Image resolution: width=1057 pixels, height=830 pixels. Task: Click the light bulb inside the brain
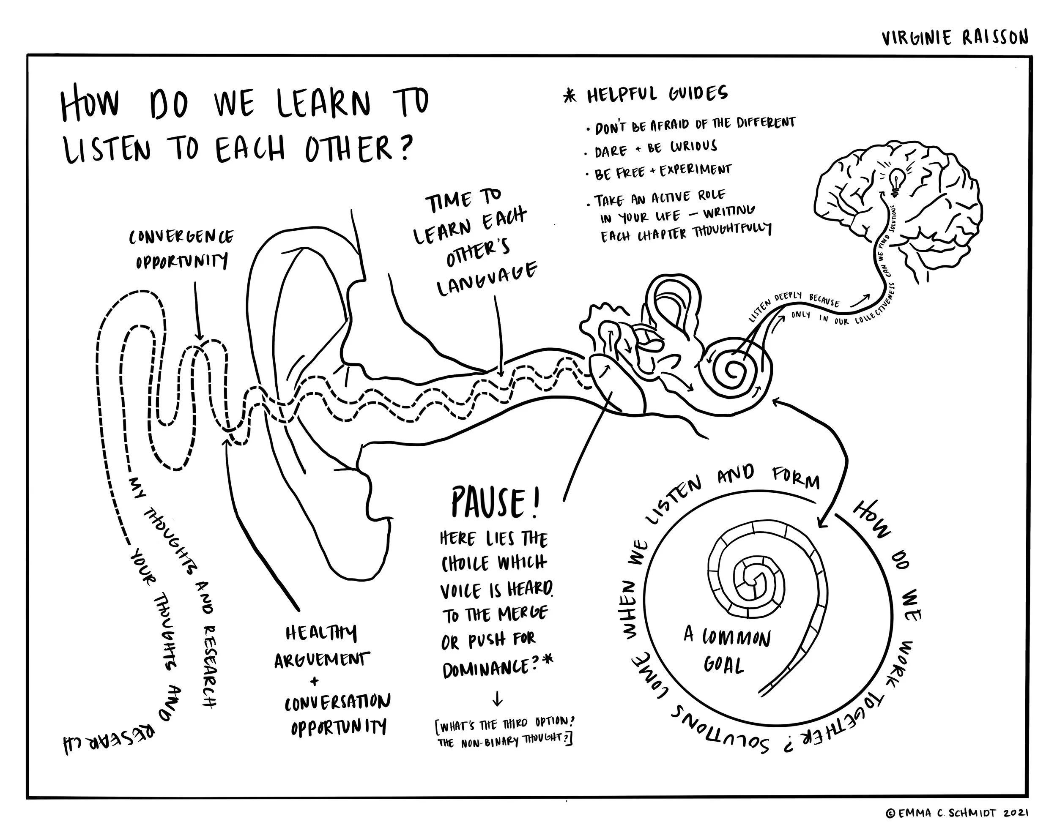point(895,182)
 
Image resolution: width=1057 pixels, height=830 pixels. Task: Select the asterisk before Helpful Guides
point(570,96)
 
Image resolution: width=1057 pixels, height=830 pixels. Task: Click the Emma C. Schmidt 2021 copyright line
point(957,814)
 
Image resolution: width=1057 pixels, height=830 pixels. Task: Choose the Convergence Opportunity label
point(181,249)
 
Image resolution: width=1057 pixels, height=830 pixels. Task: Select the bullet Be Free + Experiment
point(662,171)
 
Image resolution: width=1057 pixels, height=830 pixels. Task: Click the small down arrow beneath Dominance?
point(497,700)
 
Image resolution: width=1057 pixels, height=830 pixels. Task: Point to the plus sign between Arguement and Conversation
point(315,681)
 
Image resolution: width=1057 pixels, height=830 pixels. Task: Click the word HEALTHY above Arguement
point(321,633)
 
